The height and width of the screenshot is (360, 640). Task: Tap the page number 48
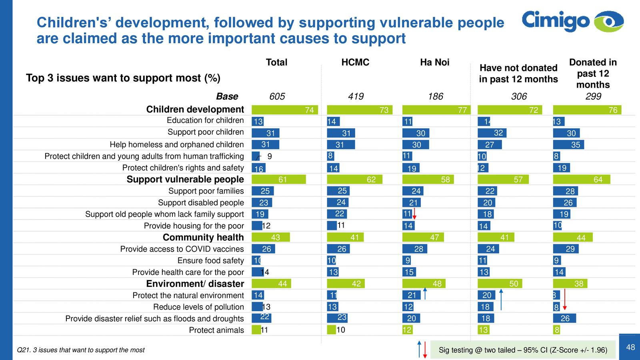point(630,347)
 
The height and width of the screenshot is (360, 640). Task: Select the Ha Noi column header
point(434,62)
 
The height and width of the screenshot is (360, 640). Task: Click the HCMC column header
point(355,62)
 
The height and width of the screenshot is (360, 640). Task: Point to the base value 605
point(277,96)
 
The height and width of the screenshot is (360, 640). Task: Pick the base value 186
point(435,96)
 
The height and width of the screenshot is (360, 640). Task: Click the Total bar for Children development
point(285,110)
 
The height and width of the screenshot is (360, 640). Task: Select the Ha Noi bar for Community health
point(423,238)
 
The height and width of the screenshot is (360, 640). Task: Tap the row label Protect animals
point(216,330)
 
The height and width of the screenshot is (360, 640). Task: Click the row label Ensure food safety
point(210,261)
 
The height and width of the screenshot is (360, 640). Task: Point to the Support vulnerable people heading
point(185,179)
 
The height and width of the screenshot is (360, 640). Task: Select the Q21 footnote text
point(81,350)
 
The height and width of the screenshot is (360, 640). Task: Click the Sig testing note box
point(522,350)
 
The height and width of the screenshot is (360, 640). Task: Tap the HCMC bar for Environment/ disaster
point(346,284)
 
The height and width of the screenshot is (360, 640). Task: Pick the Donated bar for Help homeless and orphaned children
point(568,145)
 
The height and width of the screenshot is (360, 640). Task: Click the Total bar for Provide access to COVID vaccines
point(263,249)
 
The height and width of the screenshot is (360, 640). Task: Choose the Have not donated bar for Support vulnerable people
point(503,180)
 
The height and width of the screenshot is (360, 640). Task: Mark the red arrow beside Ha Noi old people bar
point(415,214)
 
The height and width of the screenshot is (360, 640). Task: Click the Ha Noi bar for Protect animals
point(407,330)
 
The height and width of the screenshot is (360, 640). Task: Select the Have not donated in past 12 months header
point(518,74)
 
